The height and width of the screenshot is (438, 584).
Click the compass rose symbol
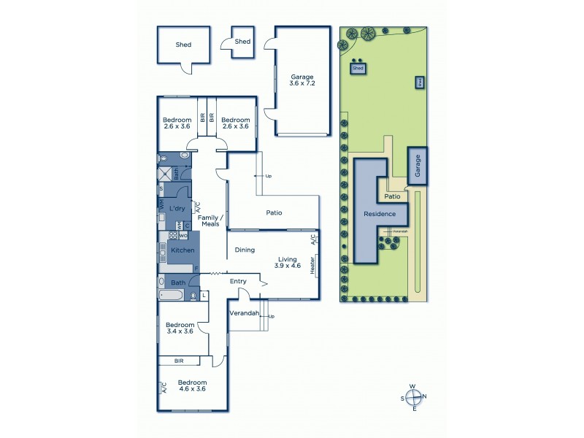tap(414, 397)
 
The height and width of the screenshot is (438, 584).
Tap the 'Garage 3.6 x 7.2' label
tap(302, 80)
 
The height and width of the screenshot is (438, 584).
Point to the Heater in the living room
tap(313, 264)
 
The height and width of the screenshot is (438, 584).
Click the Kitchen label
tap(182, 250)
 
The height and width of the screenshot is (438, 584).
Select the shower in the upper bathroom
tap(166, 174)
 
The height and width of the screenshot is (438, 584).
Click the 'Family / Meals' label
tap(210, 220)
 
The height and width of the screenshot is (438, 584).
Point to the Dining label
tap(245, 250)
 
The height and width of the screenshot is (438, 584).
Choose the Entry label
tap(239, 281)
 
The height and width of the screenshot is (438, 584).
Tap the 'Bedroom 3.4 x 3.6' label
tap(180, 328)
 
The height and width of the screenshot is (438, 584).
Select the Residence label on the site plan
tap(380, 214)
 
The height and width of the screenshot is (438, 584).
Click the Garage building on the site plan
tap(418, 166)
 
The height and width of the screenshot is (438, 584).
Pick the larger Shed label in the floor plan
tap(183, 45)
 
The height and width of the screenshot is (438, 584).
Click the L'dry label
tap(176, 209)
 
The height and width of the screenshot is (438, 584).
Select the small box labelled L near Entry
tap(204, 295)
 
